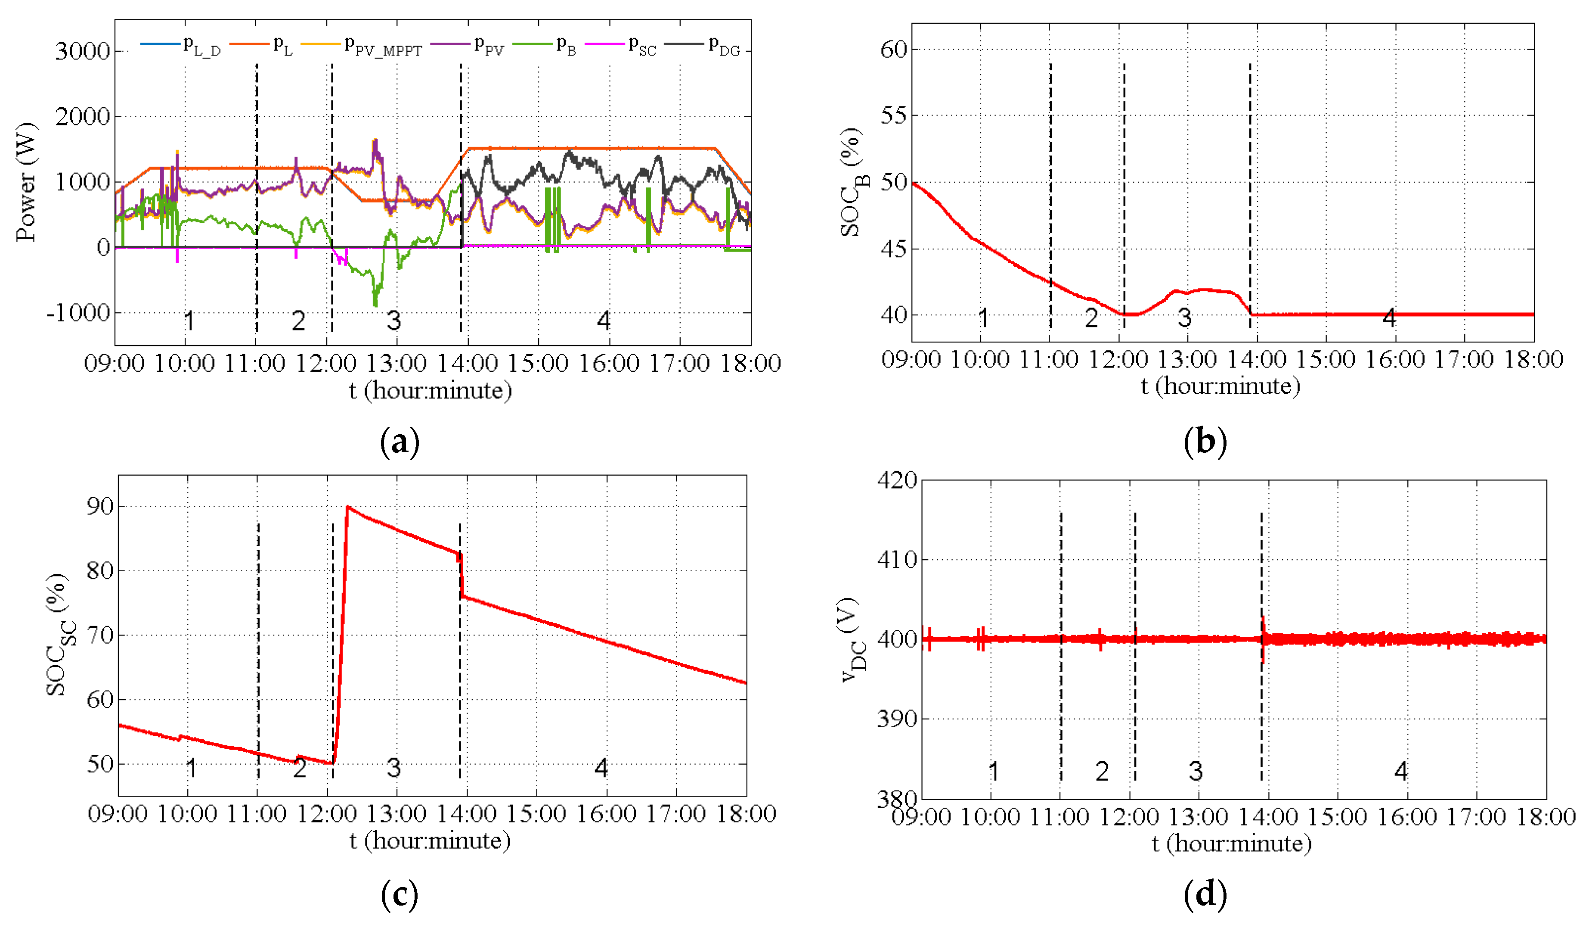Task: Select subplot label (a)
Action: point(400,442)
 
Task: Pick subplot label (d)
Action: point(1205,894)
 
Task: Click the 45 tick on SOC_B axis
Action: point(893,249)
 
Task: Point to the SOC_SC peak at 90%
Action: point(347,507)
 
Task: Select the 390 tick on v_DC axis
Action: point(897,719)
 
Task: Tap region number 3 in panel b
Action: point(1184,318)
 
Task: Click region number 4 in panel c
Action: point(601,768)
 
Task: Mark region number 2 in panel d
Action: point(1102,771)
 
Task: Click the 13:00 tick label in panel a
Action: point(396,363)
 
